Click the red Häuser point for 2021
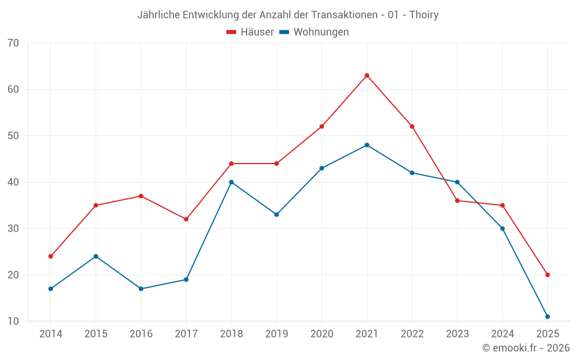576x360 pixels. coord(367,75)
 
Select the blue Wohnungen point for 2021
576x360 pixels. coord(367,145)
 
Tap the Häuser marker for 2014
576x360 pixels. coord(51,256)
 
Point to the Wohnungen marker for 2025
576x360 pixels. coord(547,317)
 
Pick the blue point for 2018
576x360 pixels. coord(232,182)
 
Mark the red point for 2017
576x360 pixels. coord(186,219)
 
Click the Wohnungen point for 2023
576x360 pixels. coord(457,182)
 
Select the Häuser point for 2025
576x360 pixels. coord(547,275)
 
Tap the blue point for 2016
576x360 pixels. coord(141,289)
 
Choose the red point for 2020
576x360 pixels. coord(321,127)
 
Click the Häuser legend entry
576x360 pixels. coord(250,32)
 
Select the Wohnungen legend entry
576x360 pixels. coord(314,32)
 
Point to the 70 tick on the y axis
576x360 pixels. coord(13,43)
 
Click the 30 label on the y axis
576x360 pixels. coord(13,229)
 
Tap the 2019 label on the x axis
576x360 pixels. coord(276,334)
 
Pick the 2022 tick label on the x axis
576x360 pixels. coord(412,334)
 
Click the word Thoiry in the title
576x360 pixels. coord(423,15)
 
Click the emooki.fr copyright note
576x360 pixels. coord(526,348)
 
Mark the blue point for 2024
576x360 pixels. coord(502,229)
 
